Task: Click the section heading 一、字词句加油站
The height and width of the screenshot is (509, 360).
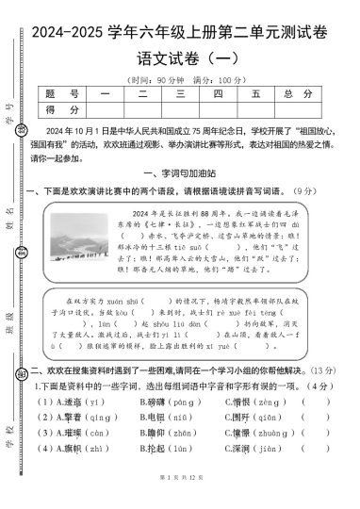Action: point(178,174)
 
